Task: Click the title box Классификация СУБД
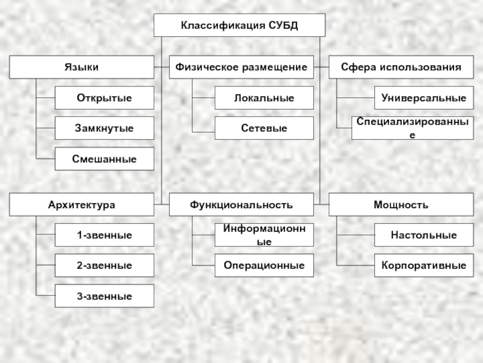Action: [240, 25]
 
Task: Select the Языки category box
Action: [82, 67]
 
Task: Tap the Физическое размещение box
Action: [241, 67]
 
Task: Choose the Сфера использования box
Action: [401, 67]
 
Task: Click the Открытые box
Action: [104, 98]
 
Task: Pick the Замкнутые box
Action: [104, 128]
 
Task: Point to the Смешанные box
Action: [104, 159]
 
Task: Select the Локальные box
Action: [264, 98]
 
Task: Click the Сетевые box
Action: [264, 128]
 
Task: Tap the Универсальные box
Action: [424, 98]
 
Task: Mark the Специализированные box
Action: [412, 128]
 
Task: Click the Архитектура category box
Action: [82, 205]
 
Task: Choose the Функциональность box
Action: [241, 205]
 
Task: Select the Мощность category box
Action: [401, 205]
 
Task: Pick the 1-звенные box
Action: [104, 235]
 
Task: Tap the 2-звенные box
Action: [104, 265]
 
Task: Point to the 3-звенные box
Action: [104, 296]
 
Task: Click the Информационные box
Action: [264, 235]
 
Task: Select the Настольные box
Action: [424, 235]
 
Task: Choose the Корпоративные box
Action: [424, 265]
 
